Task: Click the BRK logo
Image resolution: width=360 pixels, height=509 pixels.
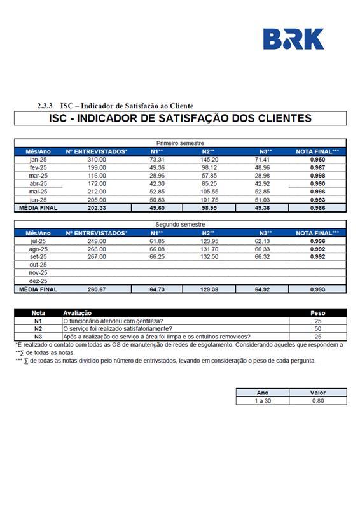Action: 293,39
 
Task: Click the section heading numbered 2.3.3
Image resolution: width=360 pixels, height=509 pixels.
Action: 115,106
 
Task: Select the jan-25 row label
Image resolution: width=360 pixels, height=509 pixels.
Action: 38,159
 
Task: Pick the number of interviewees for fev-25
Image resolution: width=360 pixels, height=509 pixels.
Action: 97,167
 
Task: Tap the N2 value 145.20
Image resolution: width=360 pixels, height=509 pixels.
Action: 210,159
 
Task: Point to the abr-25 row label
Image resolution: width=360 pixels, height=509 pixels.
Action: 38,183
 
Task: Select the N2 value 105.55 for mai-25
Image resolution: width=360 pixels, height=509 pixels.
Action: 210,192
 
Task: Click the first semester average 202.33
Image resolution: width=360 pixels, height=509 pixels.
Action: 97,207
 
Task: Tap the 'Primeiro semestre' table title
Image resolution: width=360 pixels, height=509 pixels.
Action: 180,143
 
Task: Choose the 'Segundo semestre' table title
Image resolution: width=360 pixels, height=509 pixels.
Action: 180,225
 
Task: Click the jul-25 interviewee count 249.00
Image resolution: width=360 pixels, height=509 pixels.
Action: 97,241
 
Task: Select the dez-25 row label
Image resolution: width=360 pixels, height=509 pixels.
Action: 38,281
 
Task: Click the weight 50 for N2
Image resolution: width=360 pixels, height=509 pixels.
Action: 317,329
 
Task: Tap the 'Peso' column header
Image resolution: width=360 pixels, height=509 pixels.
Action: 317,313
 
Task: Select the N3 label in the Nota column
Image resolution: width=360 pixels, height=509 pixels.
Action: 38,337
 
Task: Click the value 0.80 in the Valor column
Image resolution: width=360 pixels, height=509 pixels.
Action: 317,401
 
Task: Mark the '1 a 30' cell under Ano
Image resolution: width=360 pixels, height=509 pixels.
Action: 262,401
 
